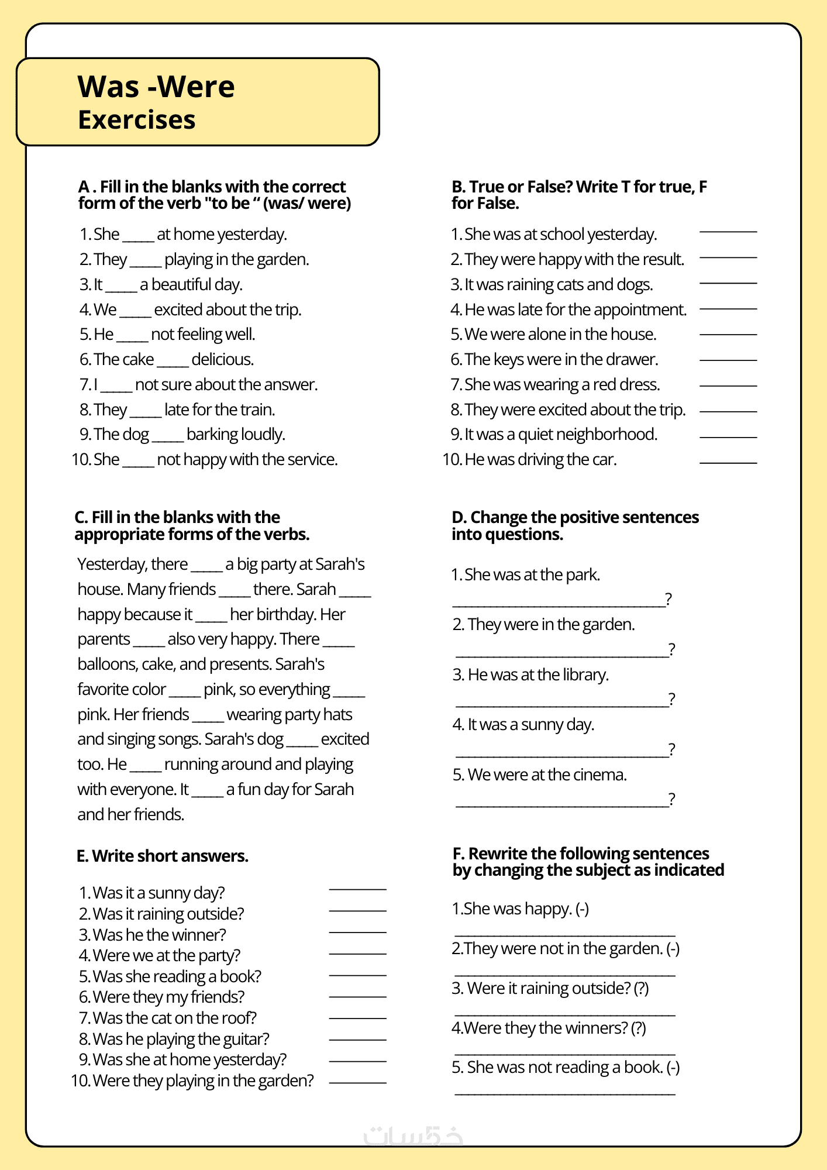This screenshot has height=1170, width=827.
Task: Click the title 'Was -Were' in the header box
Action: coord(156,87)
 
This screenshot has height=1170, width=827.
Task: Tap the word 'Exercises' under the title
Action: coord(137,120)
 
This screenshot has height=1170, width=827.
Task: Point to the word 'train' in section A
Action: coord(257,409)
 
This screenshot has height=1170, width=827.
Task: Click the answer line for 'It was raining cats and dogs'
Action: coord(728,283)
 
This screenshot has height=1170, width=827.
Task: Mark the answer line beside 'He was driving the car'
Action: coord(728,463)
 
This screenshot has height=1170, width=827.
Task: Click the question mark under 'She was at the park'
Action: coord(669,599)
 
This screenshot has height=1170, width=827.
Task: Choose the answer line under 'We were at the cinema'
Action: coord(561,806)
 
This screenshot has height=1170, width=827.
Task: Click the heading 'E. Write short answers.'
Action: coord(163,856)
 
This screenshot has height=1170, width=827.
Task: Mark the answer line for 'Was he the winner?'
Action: coord(357,932)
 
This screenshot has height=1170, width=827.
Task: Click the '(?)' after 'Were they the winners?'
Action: coord(638,1028)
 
